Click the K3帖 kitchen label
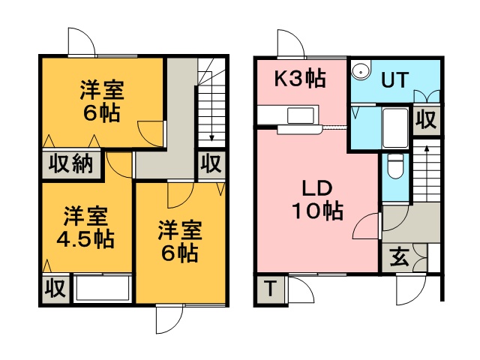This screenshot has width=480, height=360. point(300,79)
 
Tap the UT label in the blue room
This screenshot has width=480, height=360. point(395,80)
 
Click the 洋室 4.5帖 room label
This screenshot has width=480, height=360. point(85,227)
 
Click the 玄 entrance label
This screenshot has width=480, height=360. point(400,256)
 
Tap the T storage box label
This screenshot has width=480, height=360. point(270,289)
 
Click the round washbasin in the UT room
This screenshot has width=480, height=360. point(361,70)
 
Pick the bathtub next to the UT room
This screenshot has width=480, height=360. point(395,128)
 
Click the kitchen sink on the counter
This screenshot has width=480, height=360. point(300,115)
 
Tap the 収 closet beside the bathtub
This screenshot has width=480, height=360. point(426,120)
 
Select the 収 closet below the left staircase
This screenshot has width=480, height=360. point(211,163)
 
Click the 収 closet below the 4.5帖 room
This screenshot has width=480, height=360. point(55,288)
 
